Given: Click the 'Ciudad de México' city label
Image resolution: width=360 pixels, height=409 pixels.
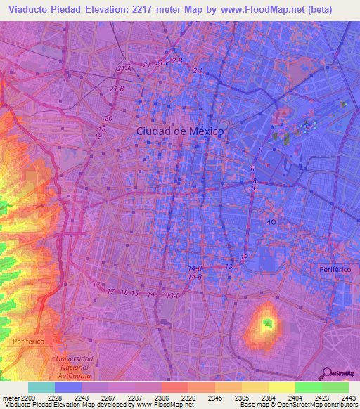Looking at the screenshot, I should click(179, 131).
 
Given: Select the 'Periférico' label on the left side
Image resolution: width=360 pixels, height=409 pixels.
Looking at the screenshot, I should click(28, 341).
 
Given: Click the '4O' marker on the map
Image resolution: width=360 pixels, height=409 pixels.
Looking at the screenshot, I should click(271, 221).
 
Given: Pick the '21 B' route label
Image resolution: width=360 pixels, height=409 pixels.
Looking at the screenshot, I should click(117, 89).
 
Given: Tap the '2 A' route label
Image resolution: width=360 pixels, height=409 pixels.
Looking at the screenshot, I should click(198, 71).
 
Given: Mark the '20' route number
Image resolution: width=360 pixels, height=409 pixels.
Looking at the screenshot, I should click(108, 119).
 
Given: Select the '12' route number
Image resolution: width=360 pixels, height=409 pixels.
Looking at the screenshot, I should click(244, 257).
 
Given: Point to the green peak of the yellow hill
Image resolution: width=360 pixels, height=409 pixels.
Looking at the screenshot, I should click(267, 324).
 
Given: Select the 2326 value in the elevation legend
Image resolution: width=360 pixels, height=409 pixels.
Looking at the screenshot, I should click(187, 397).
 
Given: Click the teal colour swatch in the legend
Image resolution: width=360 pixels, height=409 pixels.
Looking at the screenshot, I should click(41, 387).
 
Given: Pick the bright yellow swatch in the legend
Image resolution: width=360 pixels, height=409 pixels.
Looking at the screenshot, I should click(281, 387).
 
